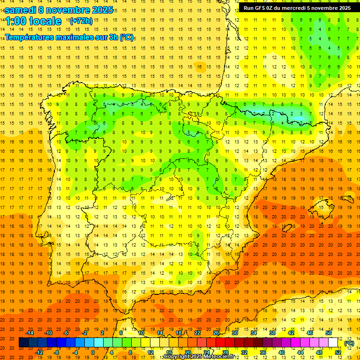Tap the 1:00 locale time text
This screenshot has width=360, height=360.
(x=33, y=21)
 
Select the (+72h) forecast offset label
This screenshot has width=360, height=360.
(x=81, y=21)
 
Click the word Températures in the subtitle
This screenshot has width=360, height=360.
(x=34, y=37)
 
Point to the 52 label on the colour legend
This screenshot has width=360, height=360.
(x=337, y=352)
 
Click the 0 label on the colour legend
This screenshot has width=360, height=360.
(x=93, y=352)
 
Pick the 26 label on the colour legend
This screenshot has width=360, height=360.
(x=216, y=333)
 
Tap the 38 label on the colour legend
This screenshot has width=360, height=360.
(x=272, y=333)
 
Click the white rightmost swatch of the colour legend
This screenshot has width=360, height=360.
(x=333, y=343)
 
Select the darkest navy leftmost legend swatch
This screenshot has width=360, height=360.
(x=23, y=343)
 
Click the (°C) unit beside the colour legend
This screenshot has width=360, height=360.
(x=349, y=343)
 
